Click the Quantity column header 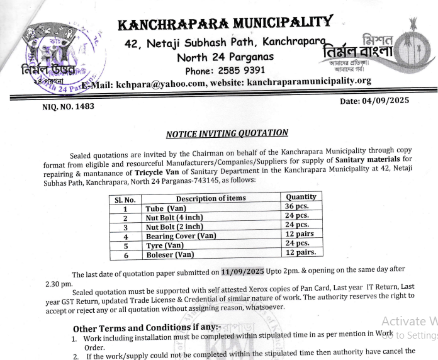click(300, 197)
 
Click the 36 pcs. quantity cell click(298, 206)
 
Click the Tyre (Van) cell click(165, 245)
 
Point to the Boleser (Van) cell click(169, 254)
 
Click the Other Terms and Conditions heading click(146, 328)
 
